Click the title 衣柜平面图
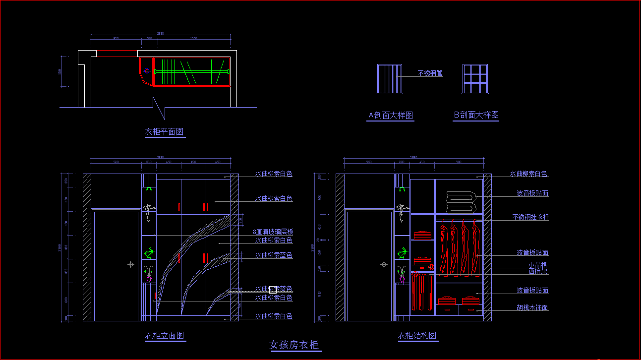tap(164, 132)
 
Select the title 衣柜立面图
tap(165, 336)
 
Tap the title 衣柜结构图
tap(417, 336)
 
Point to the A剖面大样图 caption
tap(391, 116)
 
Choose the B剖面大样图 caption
tap(476, 115)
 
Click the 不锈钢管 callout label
tap(430, 73)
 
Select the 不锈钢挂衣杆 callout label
tap(530, 217)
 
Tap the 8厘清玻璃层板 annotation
tap(273, 232)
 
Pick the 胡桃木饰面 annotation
tap(532, 308)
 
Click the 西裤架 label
tap(538, 272)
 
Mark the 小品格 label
tap(538, 265)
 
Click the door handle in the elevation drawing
tap(131, 264)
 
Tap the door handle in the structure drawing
tap(384, 264)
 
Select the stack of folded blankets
tap(461, 201)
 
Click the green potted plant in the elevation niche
tap(149, 253)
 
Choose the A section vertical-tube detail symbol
tap(389, 79)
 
